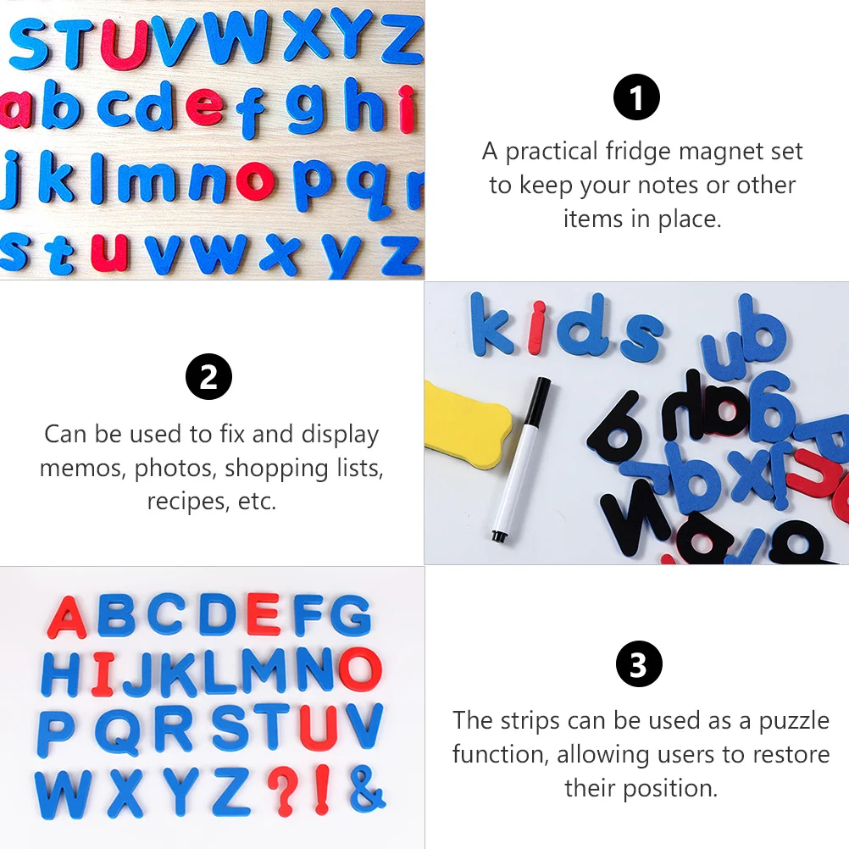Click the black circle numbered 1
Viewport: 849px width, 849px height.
(x=636, y=98)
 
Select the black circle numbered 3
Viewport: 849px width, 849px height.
(x=638, y=664)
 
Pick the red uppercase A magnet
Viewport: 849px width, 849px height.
(x=67, y=618)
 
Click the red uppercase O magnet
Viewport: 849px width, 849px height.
(x=360, y=669)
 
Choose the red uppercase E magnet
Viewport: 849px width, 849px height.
(x=263, y=614)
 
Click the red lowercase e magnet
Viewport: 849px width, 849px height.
(x=205, y=107)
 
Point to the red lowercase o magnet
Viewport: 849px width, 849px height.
(x=255, y=179)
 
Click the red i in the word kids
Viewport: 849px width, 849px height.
(x=535, y=328)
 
